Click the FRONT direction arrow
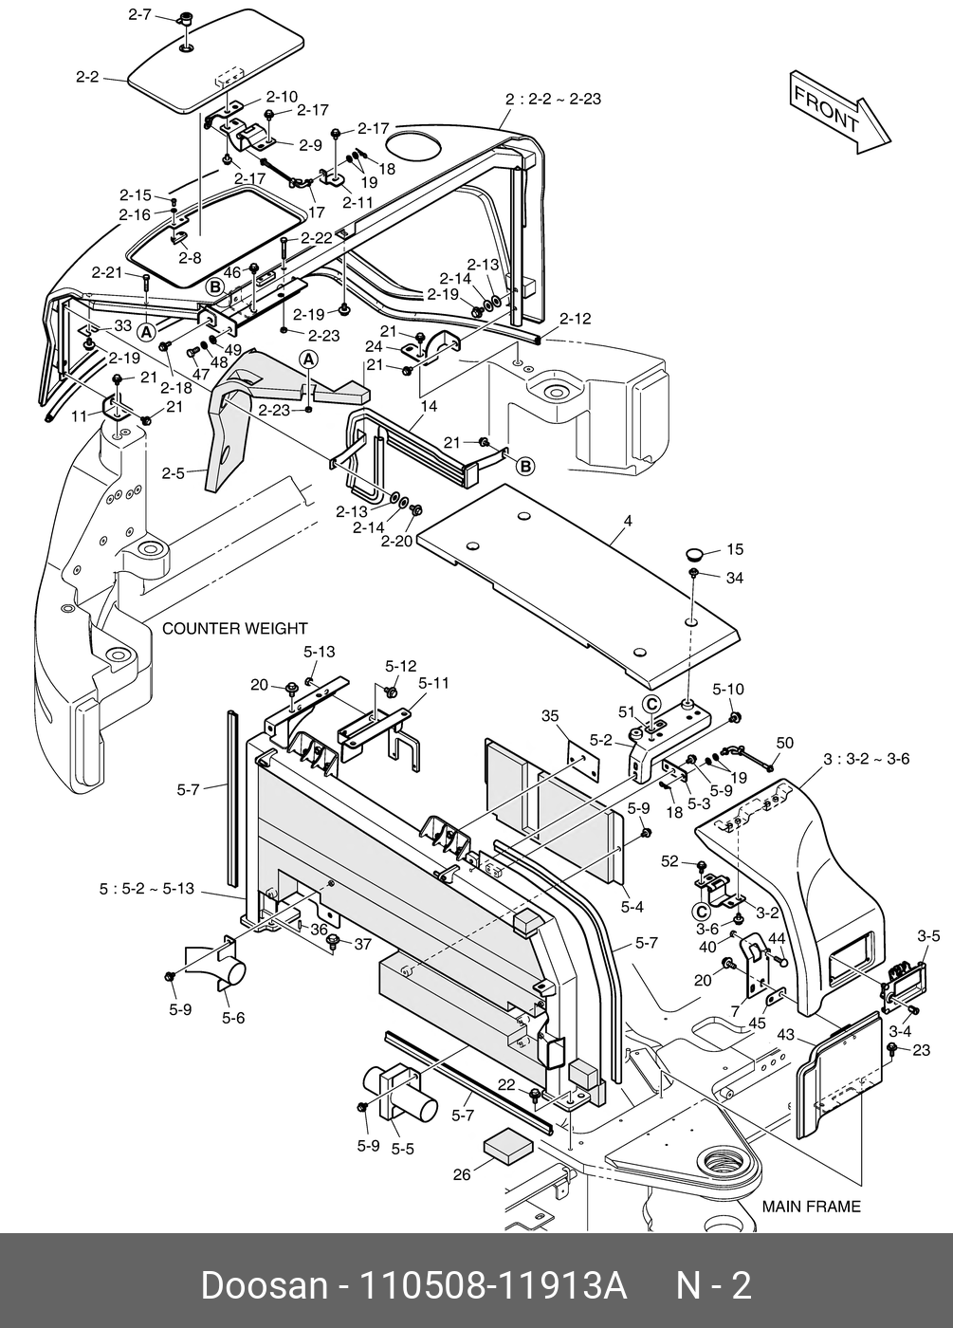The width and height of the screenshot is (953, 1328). (840, 113)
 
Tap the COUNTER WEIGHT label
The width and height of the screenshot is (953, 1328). (235, 628)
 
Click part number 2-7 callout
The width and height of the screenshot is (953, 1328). (140, 14)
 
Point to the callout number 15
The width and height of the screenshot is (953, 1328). (735, 549)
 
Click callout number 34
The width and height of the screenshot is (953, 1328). (735, 578)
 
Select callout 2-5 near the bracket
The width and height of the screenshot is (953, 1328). (174, 473)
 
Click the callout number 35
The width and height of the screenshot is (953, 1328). (550, 716)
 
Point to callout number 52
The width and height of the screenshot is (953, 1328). (669, 861)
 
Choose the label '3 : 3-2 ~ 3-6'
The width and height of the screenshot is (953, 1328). (866, 759)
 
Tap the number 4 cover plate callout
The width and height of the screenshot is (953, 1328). (628, 521)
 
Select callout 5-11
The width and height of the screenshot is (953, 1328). (434, 684)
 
